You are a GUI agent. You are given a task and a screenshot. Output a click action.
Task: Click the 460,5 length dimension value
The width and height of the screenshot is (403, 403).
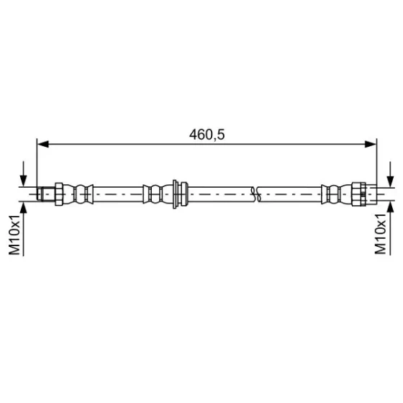pos(207,135)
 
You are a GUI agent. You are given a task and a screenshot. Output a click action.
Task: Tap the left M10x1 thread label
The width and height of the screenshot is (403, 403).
pos(14,235)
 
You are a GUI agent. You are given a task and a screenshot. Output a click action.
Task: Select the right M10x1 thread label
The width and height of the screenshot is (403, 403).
pos(381,234)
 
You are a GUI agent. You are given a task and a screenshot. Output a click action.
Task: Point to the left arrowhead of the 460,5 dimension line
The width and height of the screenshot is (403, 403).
pos(43,144)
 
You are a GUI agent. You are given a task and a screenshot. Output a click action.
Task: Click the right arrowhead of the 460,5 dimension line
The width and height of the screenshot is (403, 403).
pos(371,144)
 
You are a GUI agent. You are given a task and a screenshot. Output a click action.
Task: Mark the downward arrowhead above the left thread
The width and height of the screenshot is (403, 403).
pos(23,181)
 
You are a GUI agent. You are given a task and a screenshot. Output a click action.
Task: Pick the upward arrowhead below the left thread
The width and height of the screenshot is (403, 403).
pos(23,208)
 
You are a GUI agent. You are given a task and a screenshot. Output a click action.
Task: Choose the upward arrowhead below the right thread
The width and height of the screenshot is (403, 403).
pos(390,208)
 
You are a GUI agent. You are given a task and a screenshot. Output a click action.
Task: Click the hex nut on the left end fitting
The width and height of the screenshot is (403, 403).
pos(59,194)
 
